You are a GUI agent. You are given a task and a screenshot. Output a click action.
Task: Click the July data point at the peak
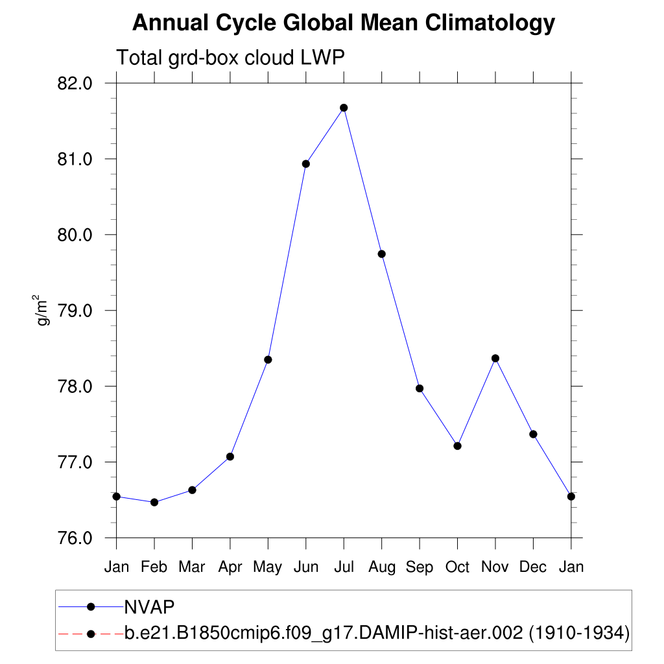[344, 108]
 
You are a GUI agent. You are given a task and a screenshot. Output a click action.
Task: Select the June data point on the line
[306, 164]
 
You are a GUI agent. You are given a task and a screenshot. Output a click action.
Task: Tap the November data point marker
[495, 358]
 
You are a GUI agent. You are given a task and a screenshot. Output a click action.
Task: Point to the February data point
[154, 502]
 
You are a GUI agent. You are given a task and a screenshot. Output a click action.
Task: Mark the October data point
[457, 445]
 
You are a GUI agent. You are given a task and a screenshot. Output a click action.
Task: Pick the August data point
[382, 254]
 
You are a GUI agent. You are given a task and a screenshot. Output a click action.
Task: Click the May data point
[268, 359]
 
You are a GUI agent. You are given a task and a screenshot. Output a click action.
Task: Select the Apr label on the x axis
[230, 567]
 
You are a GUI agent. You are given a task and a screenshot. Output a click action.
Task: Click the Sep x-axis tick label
[420, 567]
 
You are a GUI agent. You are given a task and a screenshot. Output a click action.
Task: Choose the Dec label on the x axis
[533, 567]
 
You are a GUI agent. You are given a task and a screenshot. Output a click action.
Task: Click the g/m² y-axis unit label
[43, 310]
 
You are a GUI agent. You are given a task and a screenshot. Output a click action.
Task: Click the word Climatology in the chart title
[490, 24]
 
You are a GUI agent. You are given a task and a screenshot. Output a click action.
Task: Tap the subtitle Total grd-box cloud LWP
[230, 58]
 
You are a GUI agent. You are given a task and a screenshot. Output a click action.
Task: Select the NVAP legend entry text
[150, 606]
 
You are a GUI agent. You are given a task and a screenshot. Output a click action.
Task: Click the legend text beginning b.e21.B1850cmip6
[376, 633]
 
